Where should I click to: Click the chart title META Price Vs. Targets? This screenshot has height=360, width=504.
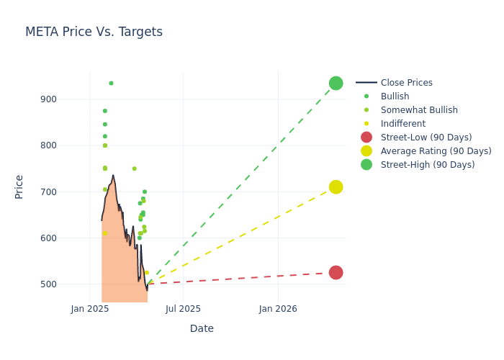94,32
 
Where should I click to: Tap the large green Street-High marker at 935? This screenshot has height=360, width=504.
336,83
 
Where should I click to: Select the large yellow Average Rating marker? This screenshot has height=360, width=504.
336,187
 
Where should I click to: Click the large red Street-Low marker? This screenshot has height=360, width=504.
336,272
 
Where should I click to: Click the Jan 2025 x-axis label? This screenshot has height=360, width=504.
90,309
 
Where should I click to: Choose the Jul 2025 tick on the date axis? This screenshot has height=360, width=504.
183,309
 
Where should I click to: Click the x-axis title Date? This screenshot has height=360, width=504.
202,328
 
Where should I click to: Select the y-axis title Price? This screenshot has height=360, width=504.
19,186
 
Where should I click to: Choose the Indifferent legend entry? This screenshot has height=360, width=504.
402,124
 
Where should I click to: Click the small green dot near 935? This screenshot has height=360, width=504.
111,83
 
